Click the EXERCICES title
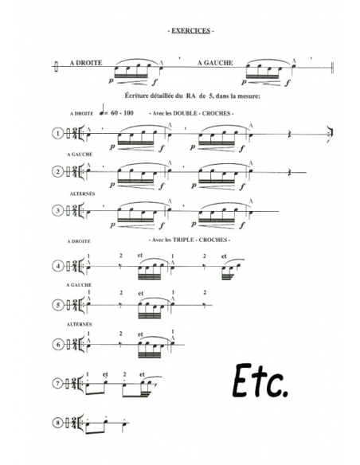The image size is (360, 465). click(x=190, y=31)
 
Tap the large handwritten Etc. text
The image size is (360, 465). click(x=260, y=381)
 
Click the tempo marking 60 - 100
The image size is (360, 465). click(x=122, y=113)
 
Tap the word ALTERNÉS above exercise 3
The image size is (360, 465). click(x=83, y=193)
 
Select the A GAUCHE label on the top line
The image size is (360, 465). click(x=215, y=63)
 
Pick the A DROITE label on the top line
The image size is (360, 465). click(x=86, y=63)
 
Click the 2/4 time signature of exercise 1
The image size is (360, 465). click(x=75, y=134)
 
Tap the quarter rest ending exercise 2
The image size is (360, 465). click(x=289, y=172)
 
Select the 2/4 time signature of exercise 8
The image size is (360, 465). click(x=75, y=423)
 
